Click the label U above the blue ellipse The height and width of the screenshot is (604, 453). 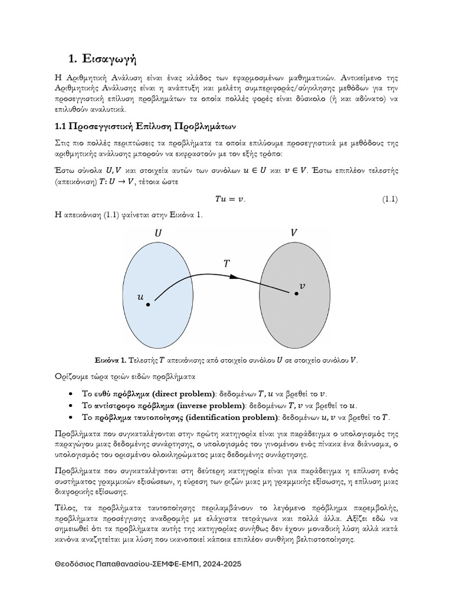[x=157, y=233]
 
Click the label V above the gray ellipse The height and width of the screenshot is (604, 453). [x=294, y=233]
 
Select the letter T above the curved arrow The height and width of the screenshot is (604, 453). [x=226, y=264]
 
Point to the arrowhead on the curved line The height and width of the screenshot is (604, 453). [x=234, y=276]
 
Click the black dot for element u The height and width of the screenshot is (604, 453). [x=148, y=305]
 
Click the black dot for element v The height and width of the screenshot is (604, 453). [x=296, y=293]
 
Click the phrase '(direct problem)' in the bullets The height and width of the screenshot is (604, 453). [x=183, y=394]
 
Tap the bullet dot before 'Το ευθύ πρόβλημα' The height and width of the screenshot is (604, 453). [x=71, y=394]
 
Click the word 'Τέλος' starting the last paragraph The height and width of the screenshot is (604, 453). [x=65, y=508]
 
